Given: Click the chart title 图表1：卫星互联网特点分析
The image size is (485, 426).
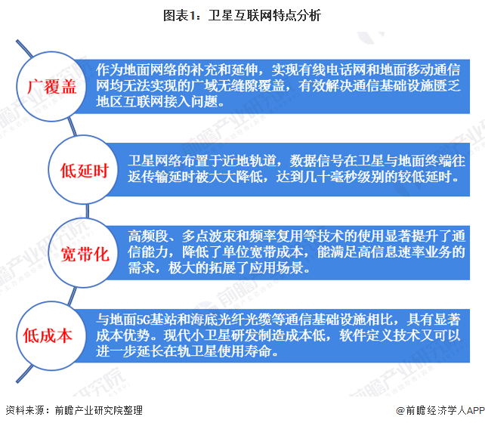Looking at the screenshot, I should point(242,12).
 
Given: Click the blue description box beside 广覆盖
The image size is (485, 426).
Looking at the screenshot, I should point(280,85).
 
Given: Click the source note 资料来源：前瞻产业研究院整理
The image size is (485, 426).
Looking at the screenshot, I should point(73,411).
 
